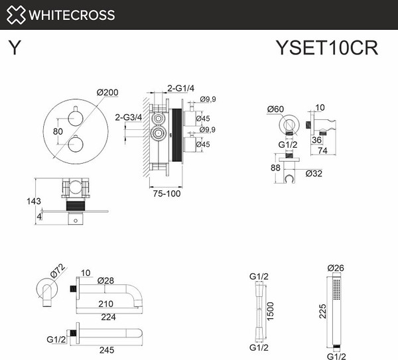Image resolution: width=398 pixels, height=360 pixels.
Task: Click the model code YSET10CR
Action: [x=326, y=49]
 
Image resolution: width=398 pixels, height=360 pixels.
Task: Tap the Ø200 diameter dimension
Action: [x=108, y=93]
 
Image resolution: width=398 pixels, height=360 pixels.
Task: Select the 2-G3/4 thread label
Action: [x=128, y=118]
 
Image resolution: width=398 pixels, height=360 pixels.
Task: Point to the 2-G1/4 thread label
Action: [x=181, y=88]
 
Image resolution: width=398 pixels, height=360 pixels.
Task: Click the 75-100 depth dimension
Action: [x=163, y=194]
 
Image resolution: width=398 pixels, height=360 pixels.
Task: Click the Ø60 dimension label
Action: [x=276, y=109]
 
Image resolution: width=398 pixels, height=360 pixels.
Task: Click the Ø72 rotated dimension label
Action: [x=56, y=271]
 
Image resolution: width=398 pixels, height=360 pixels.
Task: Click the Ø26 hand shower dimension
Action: [x=337, y=269]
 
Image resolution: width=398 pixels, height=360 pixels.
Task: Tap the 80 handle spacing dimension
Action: [x=58, y=131]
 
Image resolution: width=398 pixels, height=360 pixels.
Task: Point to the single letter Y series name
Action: [x=13, y=49]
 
